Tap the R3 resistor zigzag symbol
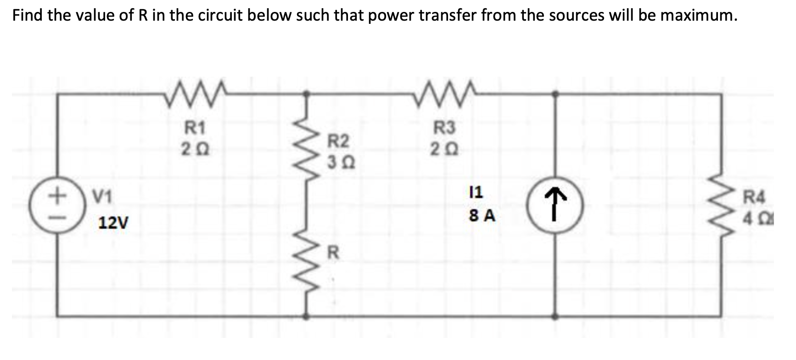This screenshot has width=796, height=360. pyautogui.click(x=444, y=95)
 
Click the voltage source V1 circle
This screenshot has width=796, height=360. pyautogui.click(x=57, y=206)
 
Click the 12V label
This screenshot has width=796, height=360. pyautogui.click(x=114, y=224)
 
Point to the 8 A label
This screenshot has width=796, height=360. pyautogui.click(x=482, y=215)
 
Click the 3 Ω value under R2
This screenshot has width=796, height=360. pyautogui.click(x=338, y=163)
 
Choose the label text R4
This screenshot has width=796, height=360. pyautogui.click(x=755, y=198)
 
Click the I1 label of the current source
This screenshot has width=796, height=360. pyautogui.click(x=476, y=192)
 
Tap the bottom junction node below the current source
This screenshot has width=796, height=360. pyautogui.click(x=555, y=316)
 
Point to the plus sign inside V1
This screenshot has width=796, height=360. pyautogui.click(x=56, y=196)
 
